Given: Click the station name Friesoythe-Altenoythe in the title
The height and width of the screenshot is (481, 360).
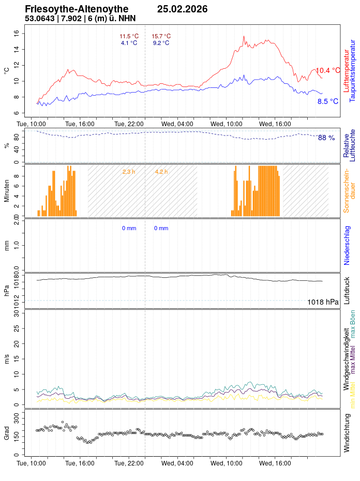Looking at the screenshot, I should click(x=77, y=9).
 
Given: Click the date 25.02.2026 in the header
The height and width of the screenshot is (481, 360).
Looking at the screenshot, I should click(x=182, y=9).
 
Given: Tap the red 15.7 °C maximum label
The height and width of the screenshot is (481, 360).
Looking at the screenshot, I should click(x=161, y=36).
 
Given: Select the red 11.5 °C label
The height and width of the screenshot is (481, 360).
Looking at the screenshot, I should click(x=129, y=36).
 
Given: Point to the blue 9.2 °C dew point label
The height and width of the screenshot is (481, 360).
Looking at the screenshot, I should click(x=161, y=43).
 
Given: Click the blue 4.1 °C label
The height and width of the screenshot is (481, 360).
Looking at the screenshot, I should click(x=129, y=43).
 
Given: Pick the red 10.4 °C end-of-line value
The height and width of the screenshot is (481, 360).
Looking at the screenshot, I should click(x=328, y=70).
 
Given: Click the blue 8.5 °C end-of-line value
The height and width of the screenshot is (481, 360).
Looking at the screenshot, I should click(x=328, y=101).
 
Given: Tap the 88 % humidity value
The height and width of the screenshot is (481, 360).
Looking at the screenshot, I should click(x=326, y=138).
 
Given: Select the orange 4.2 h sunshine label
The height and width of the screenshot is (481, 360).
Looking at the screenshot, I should click(x=161, y=172).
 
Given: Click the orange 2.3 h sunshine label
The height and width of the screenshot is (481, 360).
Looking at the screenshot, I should click(x=129, y=172).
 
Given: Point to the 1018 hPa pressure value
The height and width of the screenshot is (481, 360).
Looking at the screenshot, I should click(x=323, y=302).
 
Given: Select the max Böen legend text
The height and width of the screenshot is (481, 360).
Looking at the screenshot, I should click(x=353, y=324).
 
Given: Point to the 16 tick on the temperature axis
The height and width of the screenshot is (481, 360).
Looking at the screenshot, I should click(x=16, y=33).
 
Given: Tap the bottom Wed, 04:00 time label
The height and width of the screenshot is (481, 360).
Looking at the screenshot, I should click(x=177, y=463).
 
